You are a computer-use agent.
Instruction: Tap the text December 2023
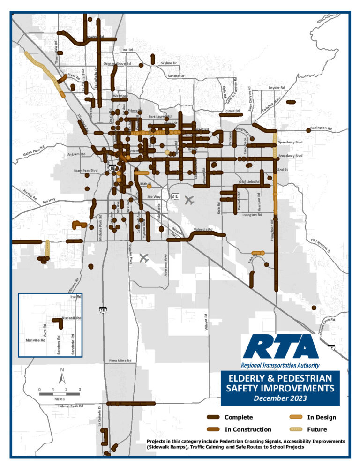[280, 398]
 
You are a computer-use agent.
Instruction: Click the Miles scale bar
[60, 394]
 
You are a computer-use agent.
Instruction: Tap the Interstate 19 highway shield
[102, 309]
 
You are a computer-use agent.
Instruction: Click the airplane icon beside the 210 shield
[189, 201]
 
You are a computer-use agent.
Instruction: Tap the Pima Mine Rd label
[120, 361]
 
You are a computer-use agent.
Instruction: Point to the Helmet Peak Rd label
[70, 406]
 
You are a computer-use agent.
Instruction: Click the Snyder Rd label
[276, 88]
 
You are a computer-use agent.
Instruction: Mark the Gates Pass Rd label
[35, 150]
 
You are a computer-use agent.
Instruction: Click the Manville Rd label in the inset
[34, 341]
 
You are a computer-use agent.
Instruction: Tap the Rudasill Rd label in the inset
[72, 318]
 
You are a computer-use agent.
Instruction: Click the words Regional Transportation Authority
[280, 365]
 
